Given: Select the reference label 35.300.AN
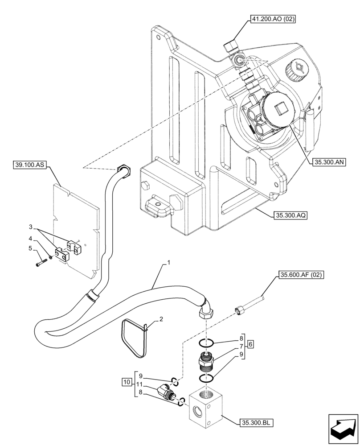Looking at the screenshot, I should click(330, 162).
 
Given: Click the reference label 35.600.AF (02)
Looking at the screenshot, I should click(301, 275).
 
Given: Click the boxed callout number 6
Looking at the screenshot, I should click(250, 344).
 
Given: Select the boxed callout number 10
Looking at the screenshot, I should click(127, 382).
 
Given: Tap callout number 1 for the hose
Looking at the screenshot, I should click(169, 264).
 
